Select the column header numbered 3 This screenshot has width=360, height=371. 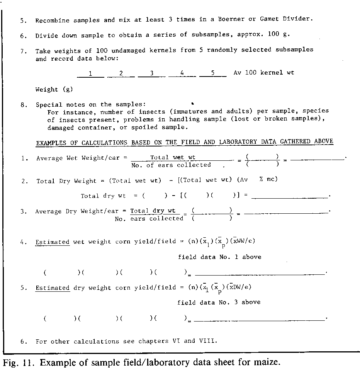click(x=151, y=73)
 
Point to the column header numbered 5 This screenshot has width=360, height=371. click(x=213, y=73)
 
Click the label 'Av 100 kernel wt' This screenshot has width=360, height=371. click(x=263, y=73)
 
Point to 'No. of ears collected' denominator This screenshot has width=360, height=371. click(x=171, y=165)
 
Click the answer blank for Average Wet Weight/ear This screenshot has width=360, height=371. click(x=317, y=158)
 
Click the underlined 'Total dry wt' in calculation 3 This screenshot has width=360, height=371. click(x=153, y=211)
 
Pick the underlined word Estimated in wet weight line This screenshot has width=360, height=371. click(x=53, y=242)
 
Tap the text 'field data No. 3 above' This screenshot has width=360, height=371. click(x=219, y=302)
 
